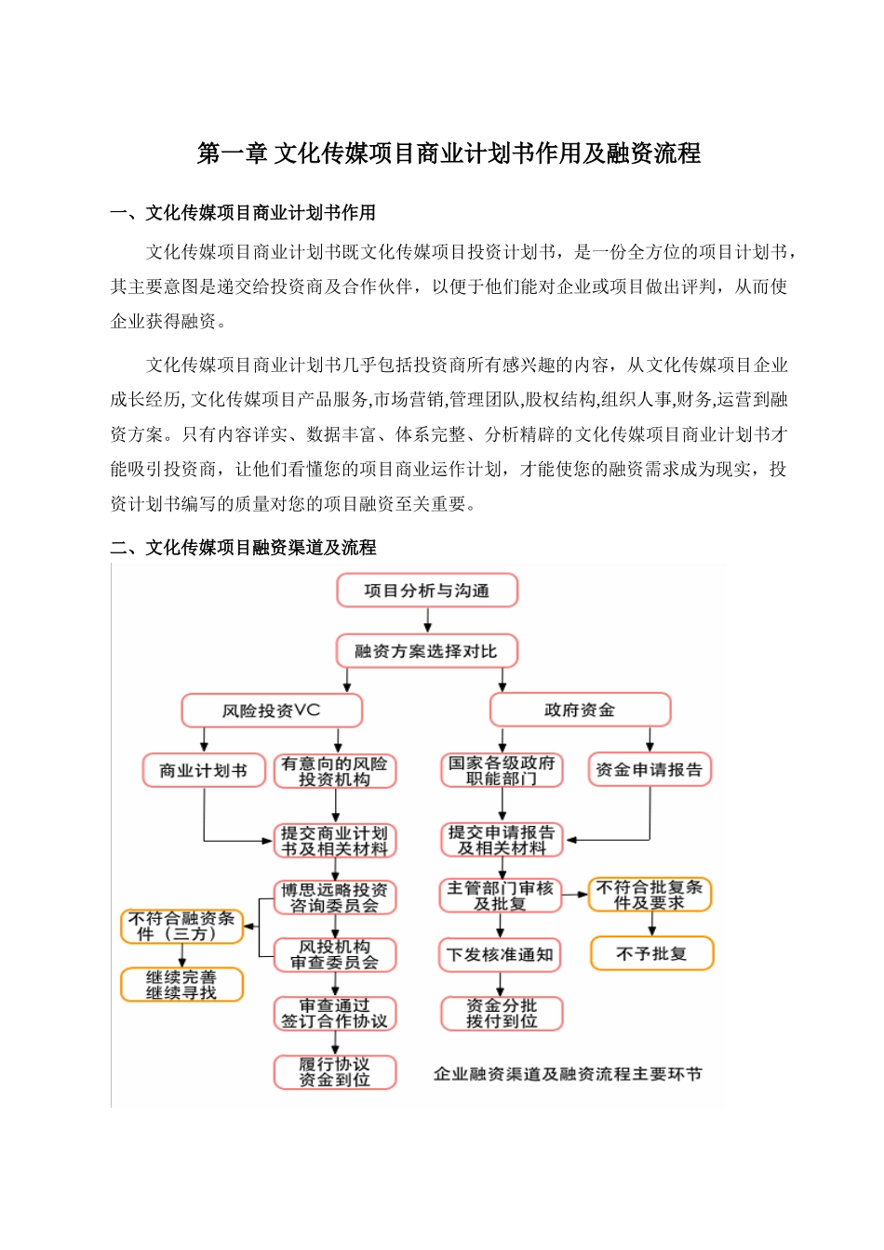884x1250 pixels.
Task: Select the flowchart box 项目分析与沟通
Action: tap(427, 591)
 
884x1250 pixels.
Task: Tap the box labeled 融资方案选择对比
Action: tap(426, 651)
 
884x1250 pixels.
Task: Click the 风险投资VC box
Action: tap(272, 711)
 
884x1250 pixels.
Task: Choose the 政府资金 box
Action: tap(580, 711)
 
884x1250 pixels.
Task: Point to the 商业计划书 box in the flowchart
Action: tap(203, 770)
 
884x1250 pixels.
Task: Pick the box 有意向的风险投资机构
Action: tap(335, 771)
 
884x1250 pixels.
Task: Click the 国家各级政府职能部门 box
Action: tap(502, 770)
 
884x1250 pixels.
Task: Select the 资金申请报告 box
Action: tap(650, 770)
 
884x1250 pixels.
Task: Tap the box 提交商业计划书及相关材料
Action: tap(335, 841)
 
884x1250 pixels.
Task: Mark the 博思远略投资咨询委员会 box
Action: tap(335, 898)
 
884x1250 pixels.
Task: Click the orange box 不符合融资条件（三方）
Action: tap(181, 926)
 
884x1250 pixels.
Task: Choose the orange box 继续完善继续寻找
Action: tap(181, 985)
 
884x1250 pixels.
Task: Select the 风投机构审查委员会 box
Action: tap(335, 955)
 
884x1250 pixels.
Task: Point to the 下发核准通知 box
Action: tap(501, 955)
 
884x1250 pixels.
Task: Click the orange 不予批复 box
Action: tap(651, 953)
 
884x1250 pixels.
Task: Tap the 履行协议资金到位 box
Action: tap(335, 1072)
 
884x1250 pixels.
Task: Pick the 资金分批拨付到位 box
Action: tap(502, 1014)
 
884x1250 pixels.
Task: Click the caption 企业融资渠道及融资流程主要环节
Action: tap(568, 1074)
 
